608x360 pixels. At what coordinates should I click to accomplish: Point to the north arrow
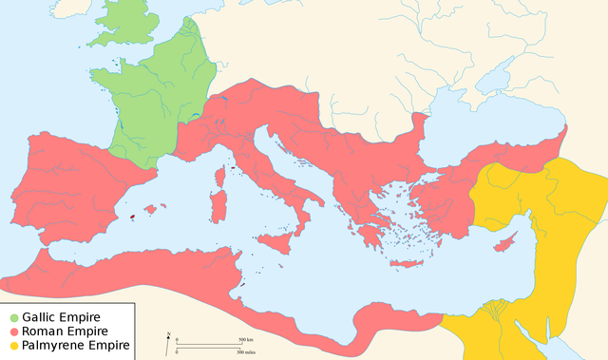click(x=168, y=337)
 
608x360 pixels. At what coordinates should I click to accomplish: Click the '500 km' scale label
click(x=244, y=339)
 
